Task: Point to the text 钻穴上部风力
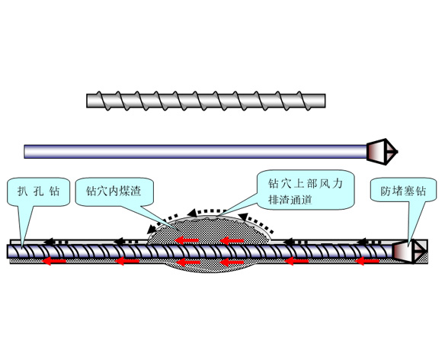coord(303,184)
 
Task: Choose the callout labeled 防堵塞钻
coord(400,191)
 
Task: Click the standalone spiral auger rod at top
coord(206,99)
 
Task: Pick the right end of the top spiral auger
coord(323,99)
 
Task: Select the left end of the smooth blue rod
coord(27,151)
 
